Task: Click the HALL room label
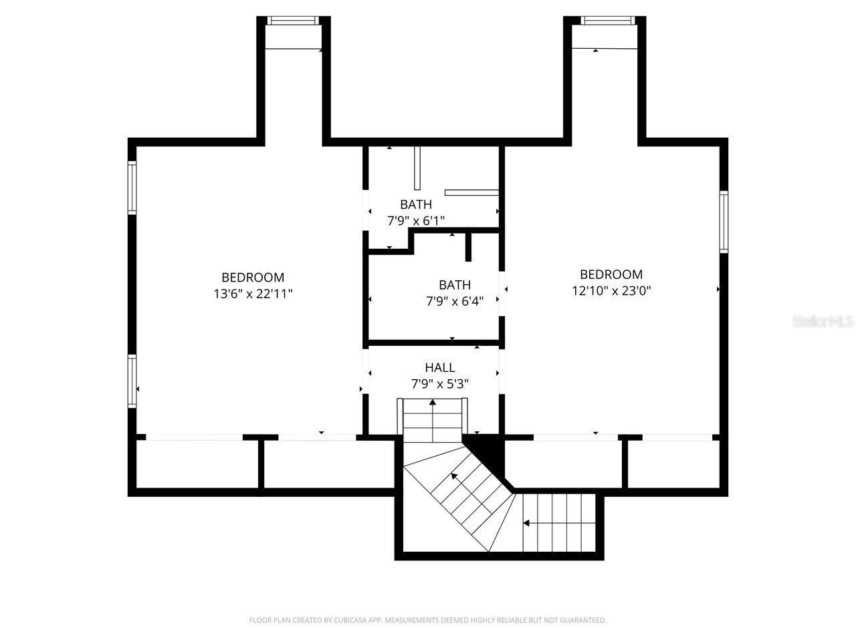[x=439, y=367]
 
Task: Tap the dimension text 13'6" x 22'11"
[x=253, y=293]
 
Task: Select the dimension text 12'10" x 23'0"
[x=611, y=290]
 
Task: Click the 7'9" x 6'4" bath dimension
[x=455, y=301]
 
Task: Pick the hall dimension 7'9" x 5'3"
[x=439, y=384]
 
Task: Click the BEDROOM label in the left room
[x=253, y=277]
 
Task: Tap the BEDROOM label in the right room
[x=611, y=274]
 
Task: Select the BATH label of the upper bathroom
[x=416, y=204]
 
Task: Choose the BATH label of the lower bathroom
[x=455, y=285]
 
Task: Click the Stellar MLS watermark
[x=823, y=322]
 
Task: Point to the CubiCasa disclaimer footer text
[x=428, y=621]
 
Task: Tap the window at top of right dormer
[x=607, y=21]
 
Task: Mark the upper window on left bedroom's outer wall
[x=132, y=187]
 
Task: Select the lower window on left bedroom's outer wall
[x=132, y=381]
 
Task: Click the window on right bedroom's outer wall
[x=724, y=222]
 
